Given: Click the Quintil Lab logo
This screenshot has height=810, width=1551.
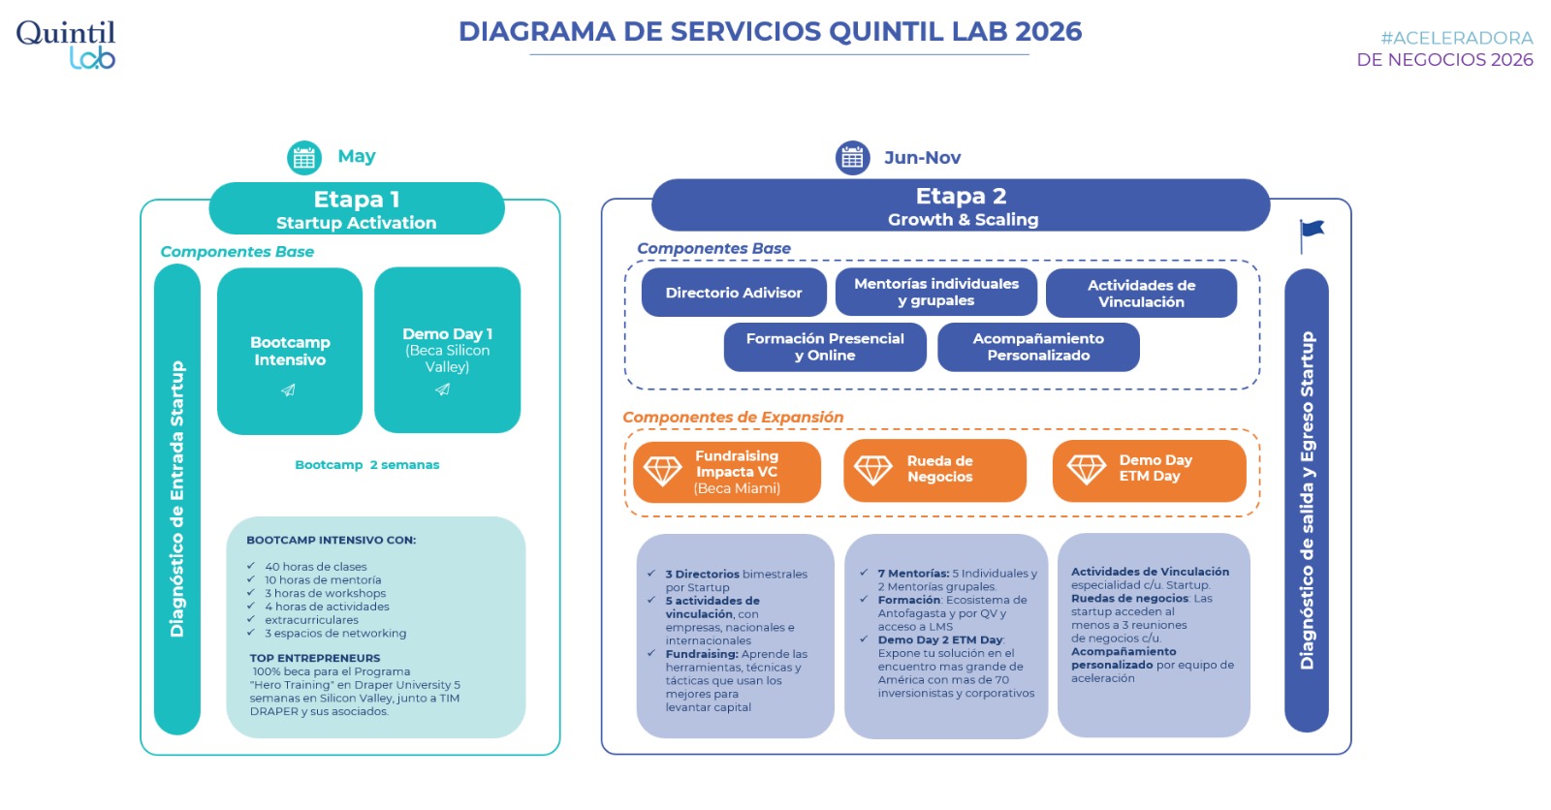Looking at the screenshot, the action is pyautogui.click(x=66, y=45).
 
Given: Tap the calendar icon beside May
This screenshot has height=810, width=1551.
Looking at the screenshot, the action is pyautogui.click(x=304, y=158).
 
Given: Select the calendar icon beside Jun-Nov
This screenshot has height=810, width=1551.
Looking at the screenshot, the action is pyautogui.click(x=852, y=158).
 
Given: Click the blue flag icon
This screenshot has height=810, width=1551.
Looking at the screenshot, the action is pyautogui.click(x=1312, y=236).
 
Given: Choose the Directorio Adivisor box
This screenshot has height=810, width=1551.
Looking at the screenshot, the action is pyautogui.click(x=734, y=293).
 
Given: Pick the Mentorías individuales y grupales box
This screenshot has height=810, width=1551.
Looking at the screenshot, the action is pyautogui.click(x=936, y=293).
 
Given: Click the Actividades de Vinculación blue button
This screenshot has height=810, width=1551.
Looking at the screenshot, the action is pyautogui.click(x=1141, y=293).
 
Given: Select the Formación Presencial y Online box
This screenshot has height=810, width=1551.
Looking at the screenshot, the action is pyautogui.click(x=825, y=347).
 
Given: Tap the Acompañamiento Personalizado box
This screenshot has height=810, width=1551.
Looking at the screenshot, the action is pyautogui.click(x=1038, y=347).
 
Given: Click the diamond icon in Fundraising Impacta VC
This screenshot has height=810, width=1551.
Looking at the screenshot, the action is pyautogui.click(x=663, y=471).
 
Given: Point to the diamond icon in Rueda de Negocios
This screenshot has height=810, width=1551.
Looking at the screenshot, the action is pyautogui.click(x=873, y=470).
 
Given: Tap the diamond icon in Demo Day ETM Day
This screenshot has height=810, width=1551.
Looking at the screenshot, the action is pyautogui.click(x=1087, y=469).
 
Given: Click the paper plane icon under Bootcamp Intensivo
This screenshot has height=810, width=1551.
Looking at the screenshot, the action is pyautogui.click(x=288, y=390).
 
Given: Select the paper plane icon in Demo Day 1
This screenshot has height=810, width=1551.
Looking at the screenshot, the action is pyautogui.click(x=442, y=389).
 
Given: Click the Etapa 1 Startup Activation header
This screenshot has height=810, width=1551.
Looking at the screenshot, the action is pyautogui.click(x=357, y=208).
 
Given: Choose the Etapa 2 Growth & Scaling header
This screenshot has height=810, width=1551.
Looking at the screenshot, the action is pyautogui.click(x=961, y=205).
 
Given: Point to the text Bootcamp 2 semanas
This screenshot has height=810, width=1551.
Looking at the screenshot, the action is pyautogui.click(x=367, y=464).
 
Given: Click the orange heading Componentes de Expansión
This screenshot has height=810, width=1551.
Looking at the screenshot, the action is pyautogui.click(x=733, y=417).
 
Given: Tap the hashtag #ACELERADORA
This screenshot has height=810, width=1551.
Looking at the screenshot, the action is pyautogui.click(x=1457, y=38).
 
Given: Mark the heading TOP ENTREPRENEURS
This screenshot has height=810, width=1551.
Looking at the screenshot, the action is pyautogui.click(x=315, y=658).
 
